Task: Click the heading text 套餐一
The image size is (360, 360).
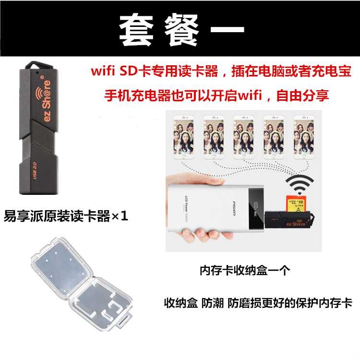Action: (181, 30)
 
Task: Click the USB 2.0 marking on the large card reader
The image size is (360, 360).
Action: (35, 170)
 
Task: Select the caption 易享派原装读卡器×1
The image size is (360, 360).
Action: (66, 216)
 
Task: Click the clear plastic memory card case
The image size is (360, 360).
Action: (81, 284)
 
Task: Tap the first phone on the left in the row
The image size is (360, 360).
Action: (183, 137)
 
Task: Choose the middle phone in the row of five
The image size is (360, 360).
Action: (243, 137)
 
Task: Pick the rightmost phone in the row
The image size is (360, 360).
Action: (304, 137)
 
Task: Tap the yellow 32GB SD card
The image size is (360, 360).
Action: (296, 204)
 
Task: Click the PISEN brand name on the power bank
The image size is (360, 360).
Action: (234, 208)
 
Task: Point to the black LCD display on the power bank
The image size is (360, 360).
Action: (256, 209)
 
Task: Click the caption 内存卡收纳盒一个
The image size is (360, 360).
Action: (245, 270)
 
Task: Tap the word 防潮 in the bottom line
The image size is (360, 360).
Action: (212, 303)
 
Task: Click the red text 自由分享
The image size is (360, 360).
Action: (302, 96)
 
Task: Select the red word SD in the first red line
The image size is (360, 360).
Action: (129, 71)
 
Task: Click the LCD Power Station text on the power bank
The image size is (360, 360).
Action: (186, 209)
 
